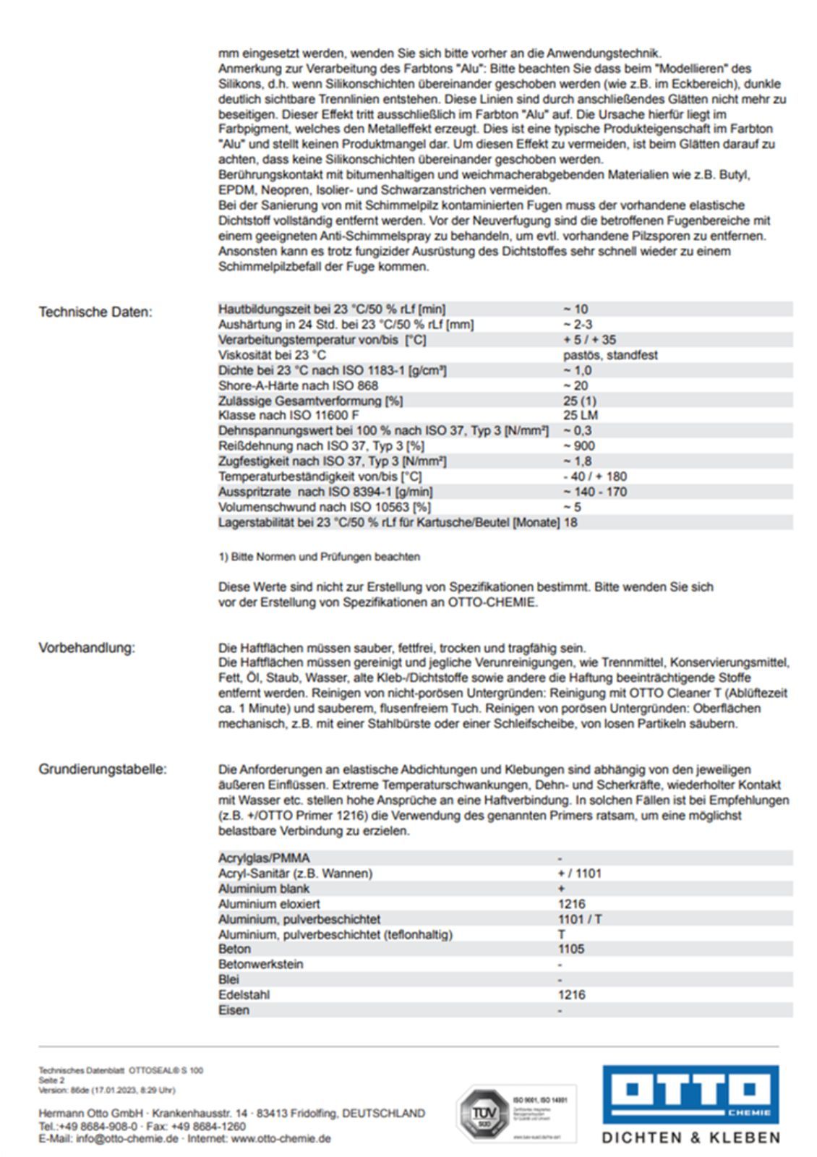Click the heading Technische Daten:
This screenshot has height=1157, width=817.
pos(95,312)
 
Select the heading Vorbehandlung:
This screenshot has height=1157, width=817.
pos(87,648)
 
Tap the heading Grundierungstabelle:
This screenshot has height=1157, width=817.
pos(102,769)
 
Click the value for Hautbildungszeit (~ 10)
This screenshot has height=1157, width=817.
pos(576,309)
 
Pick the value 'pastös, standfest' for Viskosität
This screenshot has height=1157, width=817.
pos(609,355)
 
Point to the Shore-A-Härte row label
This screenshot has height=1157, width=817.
pos(298,385)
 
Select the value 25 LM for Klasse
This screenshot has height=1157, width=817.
pos(580,415)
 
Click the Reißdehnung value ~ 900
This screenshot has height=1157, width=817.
pos(578,445)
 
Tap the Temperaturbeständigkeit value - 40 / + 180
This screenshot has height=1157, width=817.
pos(594,477)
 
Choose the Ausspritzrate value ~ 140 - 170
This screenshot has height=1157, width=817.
pos(594,492)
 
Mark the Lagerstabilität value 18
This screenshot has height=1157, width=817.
pos(570,522)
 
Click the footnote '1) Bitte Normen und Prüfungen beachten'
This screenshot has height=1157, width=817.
pos(319,557)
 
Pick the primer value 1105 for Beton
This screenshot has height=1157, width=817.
pos(571,949)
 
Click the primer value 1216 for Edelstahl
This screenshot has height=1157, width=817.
pos(571,994)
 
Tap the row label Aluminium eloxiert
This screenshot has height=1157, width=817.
pos(269,904)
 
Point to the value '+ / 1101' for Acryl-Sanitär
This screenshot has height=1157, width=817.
pos(579,874)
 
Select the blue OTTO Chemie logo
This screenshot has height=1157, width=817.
pos(690,1093)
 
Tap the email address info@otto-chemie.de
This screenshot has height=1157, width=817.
pos(127,1139)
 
